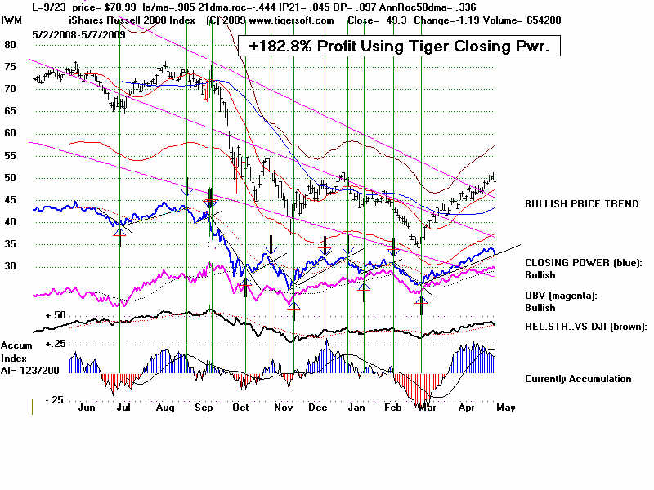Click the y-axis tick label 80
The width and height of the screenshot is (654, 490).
[11, 45]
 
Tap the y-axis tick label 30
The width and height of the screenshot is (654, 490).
[11, 266]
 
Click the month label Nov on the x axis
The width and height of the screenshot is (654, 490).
[282, 406]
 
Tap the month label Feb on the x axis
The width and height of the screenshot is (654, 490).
[392, 406]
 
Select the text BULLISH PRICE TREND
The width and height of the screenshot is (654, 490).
[581, 203]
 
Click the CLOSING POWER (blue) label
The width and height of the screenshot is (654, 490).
[584, 263]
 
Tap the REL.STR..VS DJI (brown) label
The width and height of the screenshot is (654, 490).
[585, 327]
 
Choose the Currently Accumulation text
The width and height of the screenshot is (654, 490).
[578, 379]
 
